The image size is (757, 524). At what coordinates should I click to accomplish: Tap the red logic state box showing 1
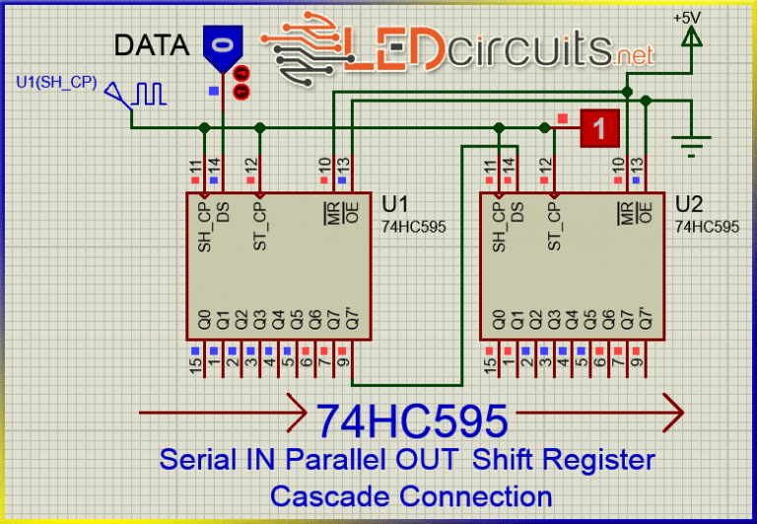pos(600,126)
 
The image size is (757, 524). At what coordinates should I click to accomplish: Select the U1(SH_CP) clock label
pos(56,82)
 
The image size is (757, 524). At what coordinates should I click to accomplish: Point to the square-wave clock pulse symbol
pos(151,94)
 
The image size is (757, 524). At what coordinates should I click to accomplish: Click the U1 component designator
pos(395,204)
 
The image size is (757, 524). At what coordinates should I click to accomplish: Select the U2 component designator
pos(689,204)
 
